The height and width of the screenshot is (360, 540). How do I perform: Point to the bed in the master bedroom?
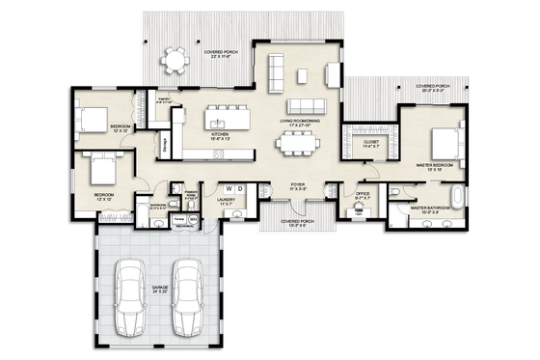click(x=442, y=143)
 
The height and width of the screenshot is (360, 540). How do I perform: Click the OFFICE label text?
click(x=364, y=193)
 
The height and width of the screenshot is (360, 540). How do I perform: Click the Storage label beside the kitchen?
click(x=165, y=146)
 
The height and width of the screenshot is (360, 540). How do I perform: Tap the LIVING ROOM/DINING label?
click(x=299, y=121)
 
